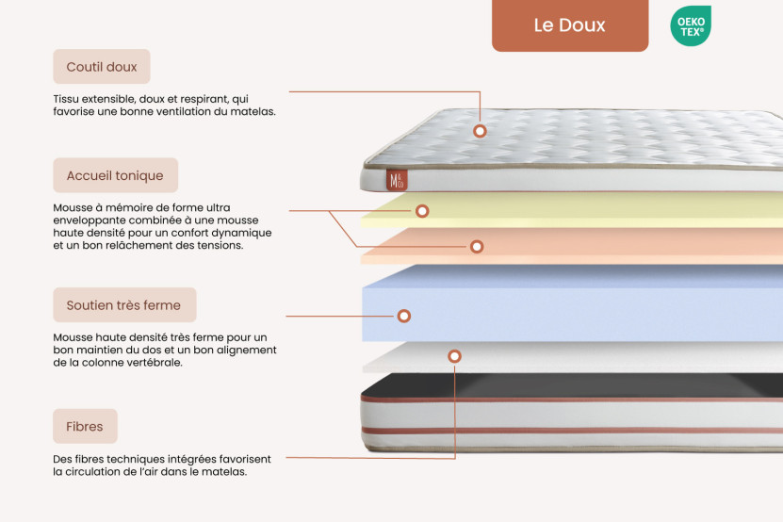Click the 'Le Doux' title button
click(569, 25)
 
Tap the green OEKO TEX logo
click(691, 25)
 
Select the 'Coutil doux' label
click(102, 67)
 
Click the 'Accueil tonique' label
click(115, 175)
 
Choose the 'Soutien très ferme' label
click(124, 305)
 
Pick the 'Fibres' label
click(85, 426)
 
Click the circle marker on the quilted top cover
click(480, 131)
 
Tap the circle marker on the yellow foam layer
click(422, 211)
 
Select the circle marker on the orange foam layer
click(477, 247)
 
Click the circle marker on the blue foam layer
click(404, 317)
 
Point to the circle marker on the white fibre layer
click(455, 357)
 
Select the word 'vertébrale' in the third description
click(153, 362)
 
